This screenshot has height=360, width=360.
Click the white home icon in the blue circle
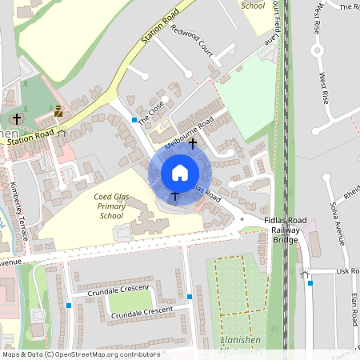(x=180, y=172)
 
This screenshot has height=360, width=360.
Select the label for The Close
(x=151, y=113)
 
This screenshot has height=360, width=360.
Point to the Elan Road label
(x=352, y=308)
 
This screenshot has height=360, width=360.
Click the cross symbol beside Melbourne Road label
(x=193, y=143)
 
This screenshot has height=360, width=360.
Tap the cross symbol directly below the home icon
(x=175, y=196)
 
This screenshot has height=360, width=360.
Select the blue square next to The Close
(x=134, y=120)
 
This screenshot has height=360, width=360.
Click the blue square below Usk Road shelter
(x=310, y=282)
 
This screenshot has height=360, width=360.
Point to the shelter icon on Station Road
(x=62, y=133)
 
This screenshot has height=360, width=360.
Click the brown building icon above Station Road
(x=58, y=111)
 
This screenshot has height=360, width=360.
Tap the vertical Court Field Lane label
(x=275, y=20)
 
